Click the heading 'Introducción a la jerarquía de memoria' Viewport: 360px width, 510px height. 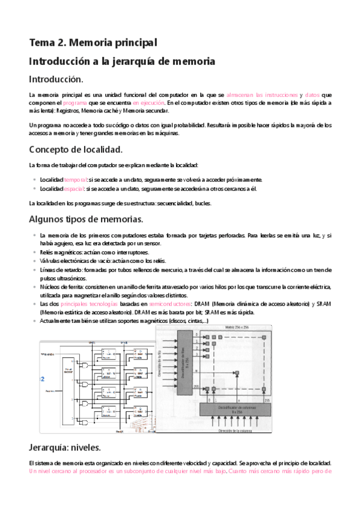pos(122,61)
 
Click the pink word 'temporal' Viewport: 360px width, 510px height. pos(75,180)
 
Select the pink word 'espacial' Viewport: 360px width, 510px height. pos(75,188)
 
